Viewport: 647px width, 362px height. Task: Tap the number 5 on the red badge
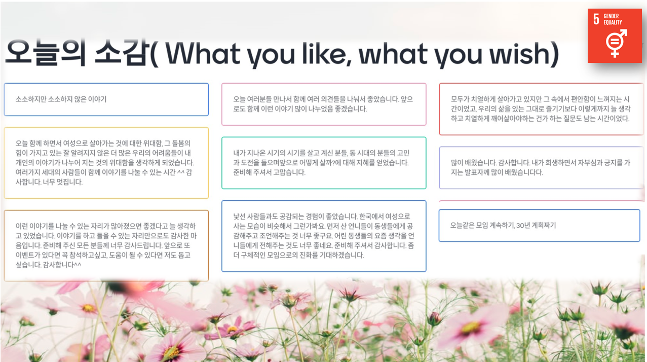click(x=596, y=19)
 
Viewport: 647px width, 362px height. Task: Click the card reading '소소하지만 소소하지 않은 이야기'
click(x=106, y=99)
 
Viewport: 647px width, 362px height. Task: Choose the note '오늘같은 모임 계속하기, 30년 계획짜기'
click(x=539, y=225)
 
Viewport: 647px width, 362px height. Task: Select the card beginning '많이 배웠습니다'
click(x=541, y=168)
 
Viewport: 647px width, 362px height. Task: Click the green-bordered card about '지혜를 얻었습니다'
click(x=324, y=163)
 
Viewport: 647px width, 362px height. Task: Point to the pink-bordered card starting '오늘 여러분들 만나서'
click(x=324, y=104)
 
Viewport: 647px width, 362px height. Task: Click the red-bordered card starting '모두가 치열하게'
click(x=541, y=109)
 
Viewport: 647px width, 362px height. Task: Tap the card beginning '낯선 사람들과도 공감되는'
click(x=324, y=236)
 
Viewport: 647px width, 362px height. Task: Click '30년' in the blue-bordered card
click(x=523, y=225)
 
